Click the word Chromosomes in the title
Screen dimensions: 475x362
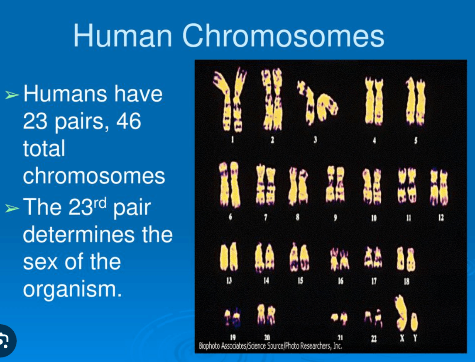pyautogui.click(x=283, y=36)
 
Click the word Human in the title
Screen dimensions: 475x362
pyautogui.click(x=122, y=36)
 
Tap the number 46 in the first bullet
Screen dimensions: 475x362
pyautogui.click(x=129, y=121)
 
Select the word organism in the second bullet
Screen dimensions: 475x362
pyautogui.click(x=72, y=290)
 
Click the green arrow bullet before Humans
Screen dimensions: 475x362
pyautogui.click(x=12, y=95)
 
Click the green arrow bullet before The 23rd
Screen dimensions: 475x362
pyautogui.click(x=12, y=208)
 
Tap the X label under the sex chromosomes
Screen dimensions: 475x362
pyautogui.click(x=402, y=338)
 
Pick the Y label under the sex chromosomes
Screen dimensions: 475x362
pyautogui.click(x=415, y=338)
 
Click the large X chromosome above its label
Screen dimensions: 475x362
pyautogui.click(x=402, y=313)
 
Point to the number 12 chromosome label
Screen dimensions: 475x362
pyautogui.click(x=441, y=217)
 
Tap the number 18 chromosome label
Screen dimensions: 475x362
pyautogui.click(x=406, y=282)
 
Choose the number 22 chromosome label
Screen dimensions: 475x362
pyautogui.click(x=374, y=339)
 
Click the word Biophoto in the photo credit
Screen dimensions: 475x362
pyautogui.click(x=209, y=346)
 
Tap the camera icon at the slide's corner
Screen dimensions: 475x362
pyautogui.click(x=5, y=340)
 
